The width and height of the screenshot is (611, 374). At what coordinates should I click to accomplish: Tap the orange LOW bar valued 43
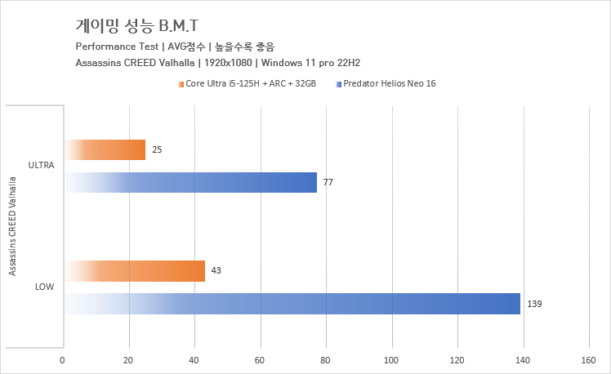pyautogui.click(x=134, y=270)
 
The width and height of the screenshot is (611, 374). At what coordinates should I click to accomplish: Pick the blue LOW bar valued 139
pyautogui.click(x=292, y=304)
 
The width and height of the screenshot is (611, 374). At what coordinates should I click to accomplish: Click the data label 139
pyautogui.click(x=534, y=304)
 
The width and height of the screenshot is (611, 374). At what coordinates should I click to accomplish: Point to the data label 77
pyautogui.click(x=328, y=182)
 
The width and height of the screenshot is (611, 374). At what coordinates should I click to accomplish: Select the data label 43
pyautogui.click(x=216, y=270)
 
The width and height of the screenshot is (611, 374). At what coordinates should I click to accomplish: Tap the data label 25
pyautogui.click(x=157, y=149)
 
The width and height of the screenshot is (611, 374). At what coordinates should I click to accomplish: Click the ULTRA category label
pyautogui.click(x=41, y=165)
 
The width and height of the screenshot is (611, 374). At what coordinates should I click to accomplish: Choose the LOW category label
pyautogui.click(x=44, y=287)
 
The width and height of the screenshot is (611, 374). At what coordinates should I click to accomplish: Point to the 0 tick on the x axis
pyautogui.click(x=62, y=358)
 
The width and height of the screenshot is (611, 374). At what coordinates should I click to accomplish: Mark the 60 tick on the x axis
pyautogui.click(x=260, y=358)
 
